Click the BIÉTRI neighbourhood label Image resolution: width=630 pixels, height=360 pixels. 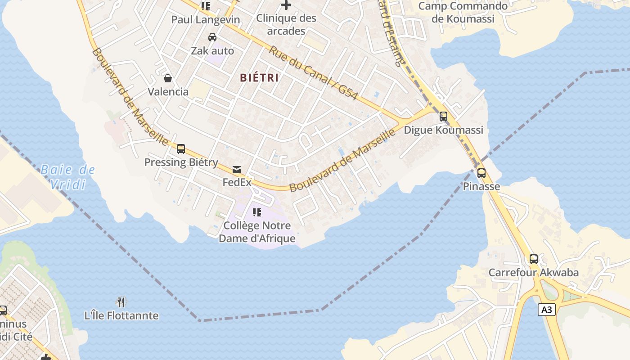click(259, 78)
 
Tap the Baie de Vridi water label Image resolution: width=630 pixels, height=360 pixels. click(67, 177)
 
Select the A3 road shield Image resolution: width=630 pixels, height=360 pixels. click(546, 310)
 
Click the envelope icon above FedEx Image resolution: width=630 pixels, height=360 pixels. click(237, 170)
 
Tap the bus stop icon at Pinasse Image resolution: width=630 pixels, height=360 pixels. click(481, 173)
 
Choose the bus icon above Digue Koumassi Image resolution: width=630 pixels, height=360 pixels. click(443, 117)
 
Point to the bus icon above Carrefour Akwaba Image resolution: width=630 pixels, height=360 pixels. click(533, 259)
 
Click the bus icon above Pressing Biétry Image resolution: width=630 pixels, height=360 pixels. click(181, 149)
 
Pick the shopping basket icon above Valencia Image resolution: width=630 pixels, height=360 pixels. click(168, 79)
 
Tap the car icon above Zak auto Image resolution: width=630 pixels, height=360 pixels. click(212, 37)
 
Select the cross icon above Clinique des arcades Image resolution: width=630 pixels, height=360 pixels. click(286, 5)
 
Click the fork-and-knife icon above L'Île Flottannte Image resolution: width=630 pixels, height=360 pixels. click(121, 302)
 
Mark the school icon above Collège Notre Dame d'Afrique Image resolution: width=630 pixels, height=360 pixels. click(257, 212)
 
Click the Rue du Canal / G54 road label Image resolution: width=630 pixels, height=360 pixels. click(313, 73)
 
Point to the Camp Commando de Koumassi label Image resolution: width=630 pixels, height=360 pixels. click(463, 13)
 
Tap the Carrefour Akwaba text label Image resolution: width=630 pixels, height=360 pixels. click(534, 273)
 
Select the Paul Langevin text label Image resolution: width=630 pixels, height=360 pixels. click(206, 20)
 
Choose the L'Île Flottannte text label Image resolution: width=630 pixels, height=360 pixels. click(121, 315)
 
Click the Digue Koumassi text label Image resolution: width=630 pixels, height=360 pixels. click(443, 130)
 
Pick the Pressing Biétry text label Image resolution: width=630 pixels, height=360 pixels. click(181, 162)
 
